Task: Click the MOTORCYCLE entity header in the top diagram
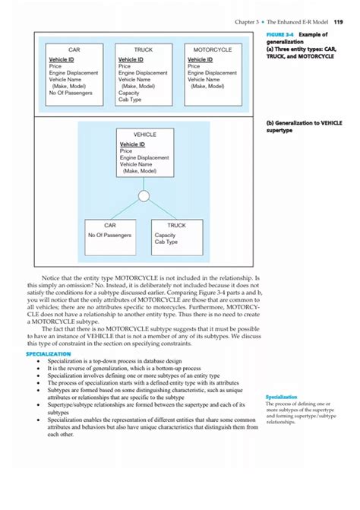pos(213,49)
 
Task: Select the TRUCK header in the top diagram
pos(143,49)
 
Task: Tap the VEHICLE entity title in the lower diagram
pos(145,134)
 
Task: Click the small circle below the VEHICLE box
pos(144,197)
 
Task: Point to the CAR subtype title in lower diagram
pos(111,226)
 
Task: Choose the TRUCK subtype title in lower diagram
pos(176,226)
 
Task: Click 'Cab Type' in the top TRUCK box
pos(129,100)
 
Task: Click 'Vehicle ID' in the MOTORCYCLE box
pos(200,59)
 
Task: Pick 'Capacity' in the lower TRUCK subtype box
pos(166,236)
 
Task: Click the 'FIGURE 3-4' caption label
pos(282,34)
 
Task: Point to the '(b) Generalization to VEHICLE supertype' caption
pos(304,125)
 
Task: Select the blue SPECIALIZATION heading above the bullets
pos(53,354)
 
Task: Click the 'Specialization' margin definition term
pos(282,397)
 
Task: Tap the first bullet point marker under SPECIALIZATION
pos(39,362)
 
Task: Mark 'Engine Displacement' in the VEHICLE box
pos(144,158)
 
